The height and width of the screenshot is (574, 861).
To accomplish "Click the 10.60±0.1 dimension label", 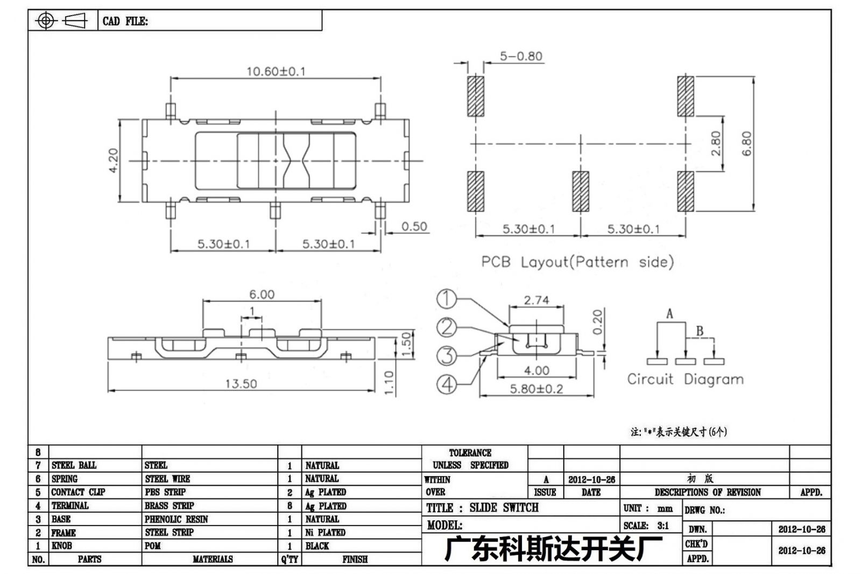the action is [276, 72].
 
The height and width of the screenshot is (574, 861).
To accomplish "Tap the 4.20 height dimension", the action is [114, 160].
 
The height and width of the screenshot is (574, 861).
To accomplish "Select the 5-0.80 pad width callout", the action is [521, 56].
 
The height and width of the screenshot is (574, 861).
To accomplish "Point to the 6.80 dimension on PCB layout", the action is [746, 144].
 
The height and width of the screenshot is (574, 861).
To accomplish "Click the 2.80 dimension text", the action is [716, 143].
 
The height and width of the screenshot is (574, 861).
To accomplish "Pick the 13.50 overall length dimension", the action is [241, 383].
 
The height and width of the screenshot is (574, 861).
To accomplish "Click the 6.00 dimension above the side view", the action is [262, 295].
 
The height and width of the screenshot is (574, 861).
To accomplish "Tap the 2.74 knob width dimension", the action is [537, 300].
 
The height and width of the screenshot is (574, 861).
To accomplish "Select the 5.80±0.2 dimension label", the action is [536, 389].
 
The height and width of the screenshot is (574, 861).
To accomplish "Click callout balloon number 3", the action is [447, 355].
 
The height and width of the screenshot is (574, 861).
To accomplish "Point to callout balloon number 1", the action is [447, 299].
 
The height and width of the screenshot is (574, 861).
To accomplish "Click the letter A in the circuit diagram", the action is [669, 314].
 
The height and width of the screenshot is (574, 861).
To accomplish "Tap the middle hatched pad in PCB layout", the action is [581, 191].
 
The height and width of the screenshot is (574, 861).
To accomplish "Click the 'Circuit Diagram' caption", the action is [686, 379].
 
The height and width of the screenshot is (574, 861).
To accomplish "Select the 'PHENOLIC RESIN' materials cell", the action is [176, 520].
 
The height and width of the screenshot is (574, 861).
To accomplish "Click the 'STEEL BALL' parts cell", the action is [74, 466].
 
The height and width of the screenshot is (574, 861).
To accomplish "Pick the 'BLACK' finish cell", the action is [317, 546].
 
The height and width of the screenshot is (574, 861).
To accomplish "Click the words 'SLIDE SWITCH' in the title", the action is [504, 508].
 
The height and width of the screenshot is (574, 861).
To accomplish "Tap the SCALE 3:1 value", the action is [662, 526].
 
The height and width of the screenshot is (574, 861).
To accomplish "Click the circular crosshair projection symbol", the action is [46, 21].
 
